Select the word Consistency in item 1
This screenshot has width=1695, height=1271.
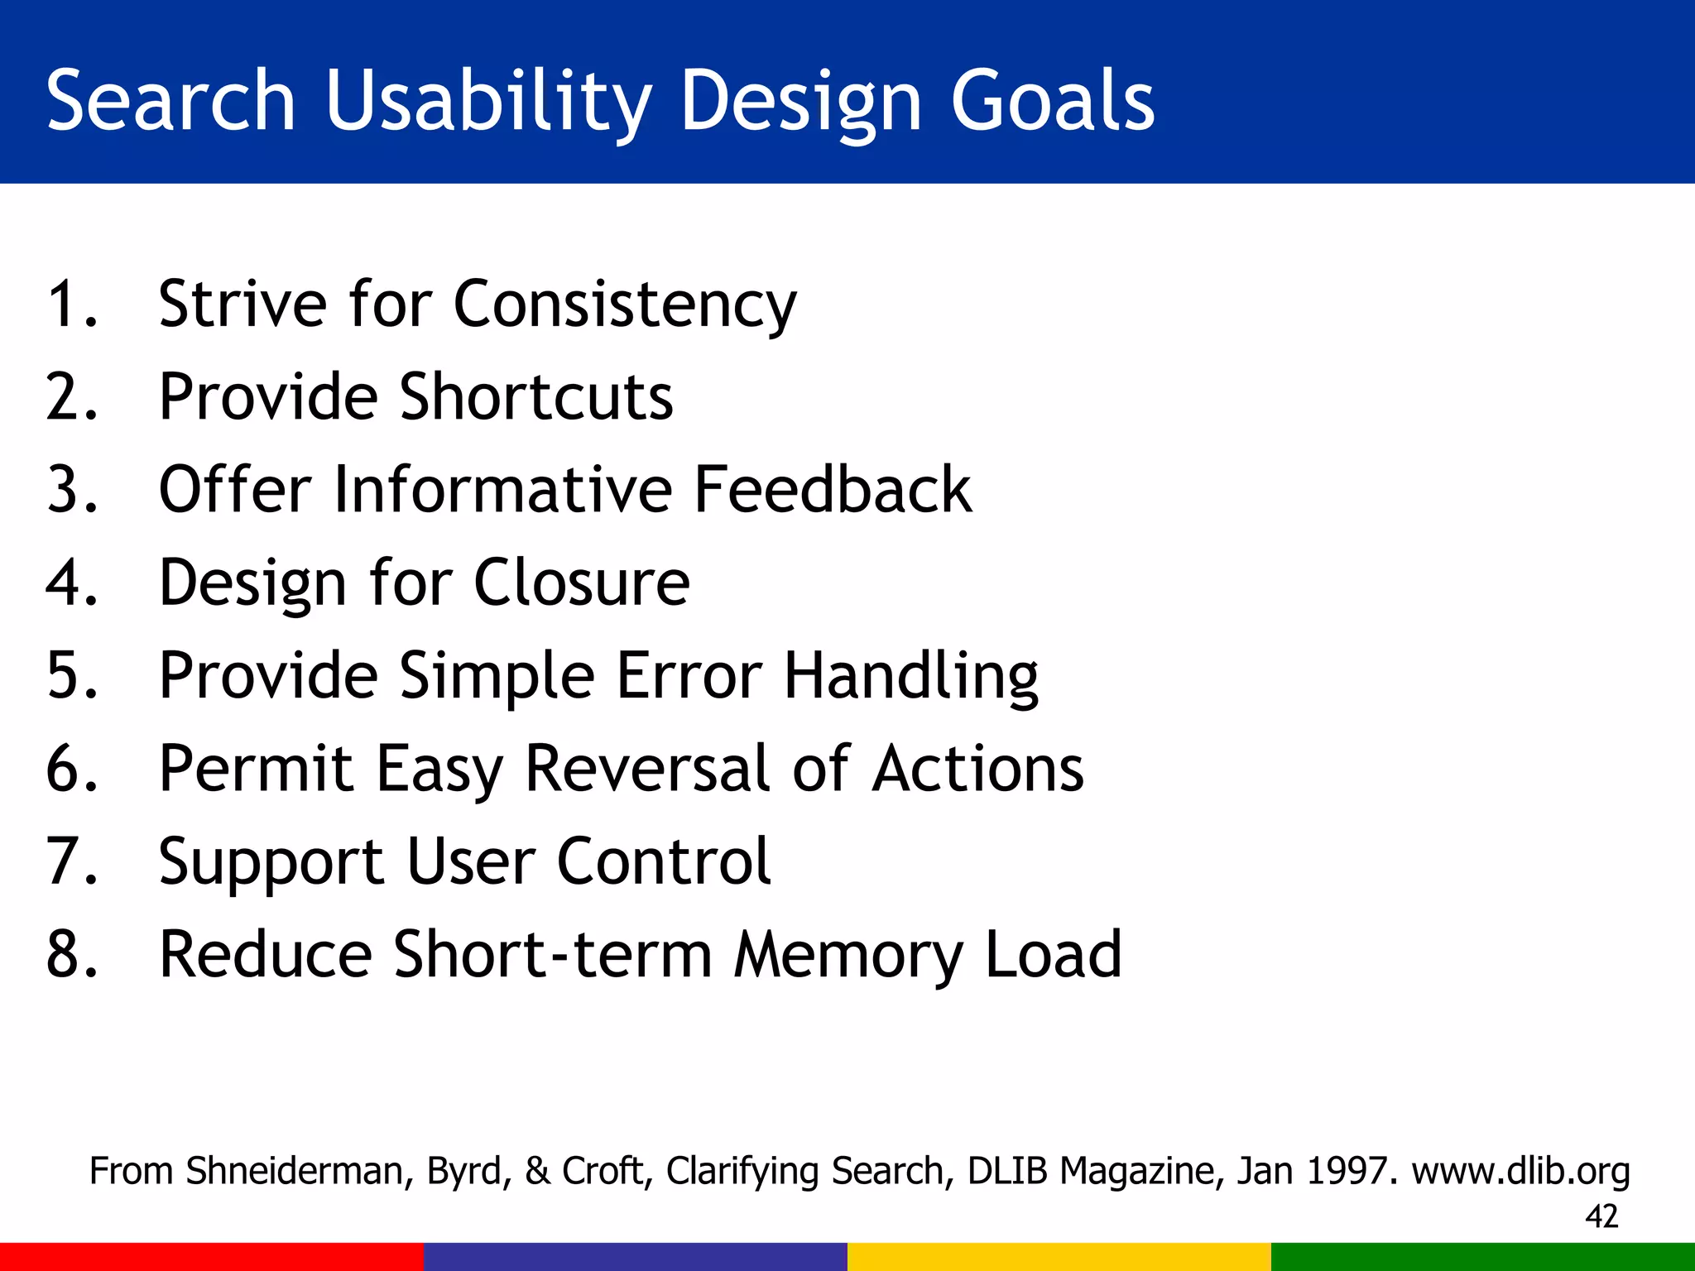tap(625, 305)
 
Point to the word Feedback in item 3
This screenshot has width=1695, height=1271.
tap(832, 490)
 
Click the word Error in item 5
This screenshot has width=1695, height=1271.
tap(689, 675)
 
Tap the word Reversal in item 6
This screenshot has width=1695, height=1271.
tap(649, 769)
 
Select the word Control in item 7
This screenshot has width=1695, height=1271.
tap(664, 861)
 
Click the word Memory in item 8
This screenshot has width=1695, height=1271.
tap(848, 955)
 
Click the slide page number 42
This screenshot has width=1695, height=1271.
tap(1601, 1216)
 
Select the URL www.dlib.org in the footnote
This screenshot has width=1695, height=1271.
tap(1520, 1171)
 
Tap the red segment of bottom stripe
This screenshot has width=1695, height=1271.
tap(212, 1257)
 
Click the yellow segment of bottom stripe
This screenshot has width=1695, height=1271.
tap(1059, 1257)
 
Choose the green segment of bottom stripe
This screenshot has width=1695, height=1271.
tap(1483, 1257)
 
